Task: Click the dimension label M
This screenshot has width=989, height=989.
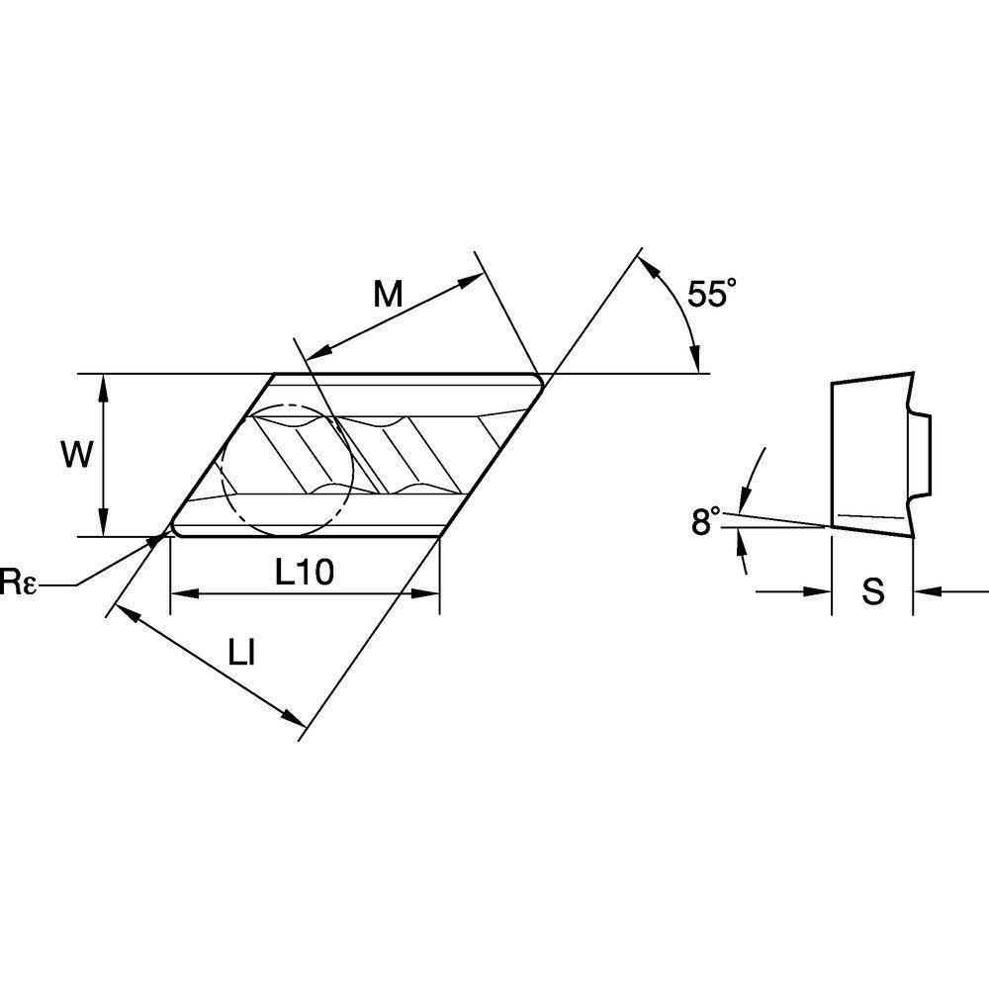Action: point(388,294)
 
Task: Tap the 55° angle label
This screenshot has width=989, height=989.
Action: point(713,296)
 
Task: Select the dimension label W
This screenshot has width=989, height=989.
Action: point(76,456)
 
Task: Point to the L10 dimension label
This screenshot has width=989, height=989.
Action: point(305,572)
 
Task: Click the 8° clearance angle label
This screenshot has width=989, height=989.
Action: point(705,521)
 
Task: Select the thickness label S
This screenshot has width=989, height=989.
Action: point(872,592)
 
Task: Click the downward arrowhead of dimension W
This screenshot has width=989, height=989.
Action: point(104,525)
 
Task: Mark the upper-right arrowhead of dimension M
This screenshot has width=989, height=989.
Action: point(471,280)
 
